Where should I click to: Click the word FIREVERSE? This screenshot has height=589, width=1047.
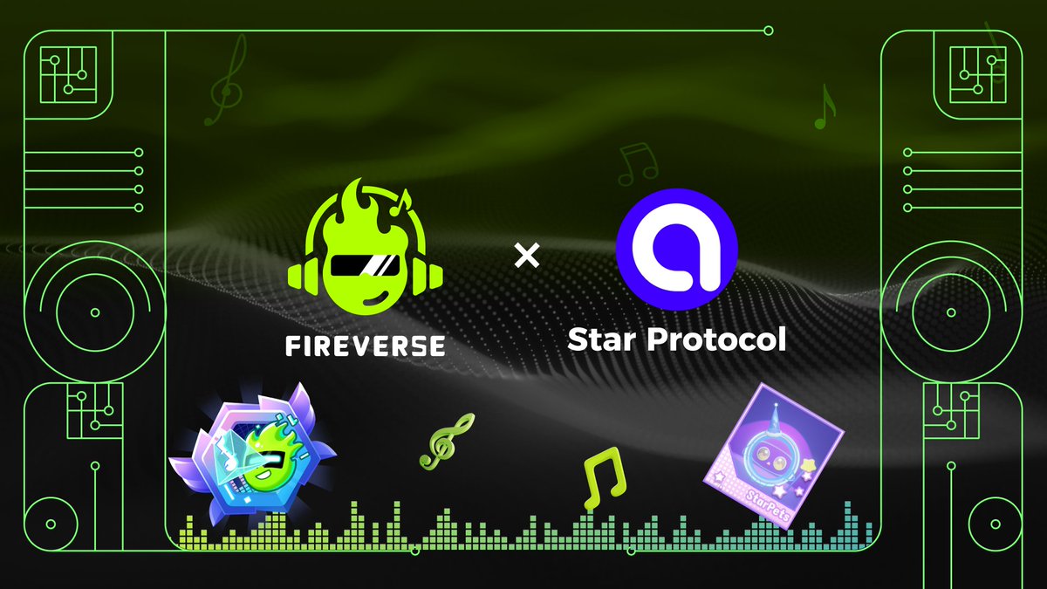pyautogui.click(x=365, y=346)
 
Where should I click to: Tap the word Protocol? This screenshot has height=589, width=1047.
pyautogui.click(x=716, y=339)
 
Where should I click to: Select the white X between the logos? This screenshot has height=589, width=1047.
pyautogui.click(x=527, y=256)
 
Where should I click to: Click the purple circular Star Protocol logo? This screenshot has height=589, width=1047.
pyautogui.click(x=676, y=250)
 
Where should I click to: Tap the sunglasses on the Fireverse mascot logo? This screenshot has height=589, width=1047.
pyautogui.click(x=365, y=265)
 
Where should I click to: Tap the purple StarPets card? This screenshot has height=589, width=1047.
pyautogui.click(x=774, y=455)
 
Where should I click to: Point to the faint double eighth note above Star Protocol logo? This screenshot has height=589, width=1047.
pyautogui.click(x=638, y=165)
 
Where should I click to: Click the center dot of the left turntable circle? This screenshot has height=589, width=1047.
pyautogui.click(x=95, y=312)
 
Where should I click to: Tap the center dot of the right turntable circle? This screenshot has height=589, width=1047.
pyautogui.click(x=951, y=312)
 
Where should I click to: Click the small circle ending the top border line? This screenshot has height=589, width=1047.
pyautogui.click(x=768, y=31)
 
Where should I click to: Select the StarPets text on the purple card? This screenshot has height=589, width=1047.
pyautogui.click(x=767, y=505)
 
